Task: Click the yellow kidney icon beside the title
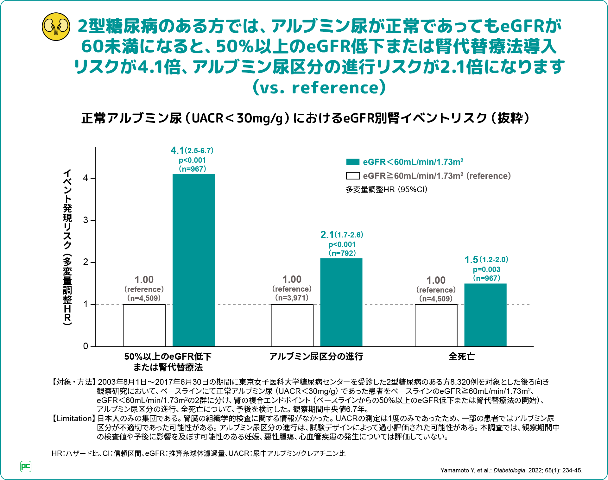pyautogui.click(x=56, y=27)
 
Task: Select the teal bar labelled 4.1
pyautogui.click(x=193, y=260)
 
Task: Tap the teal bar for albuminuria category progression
pyautogui.click(x=341, y=302)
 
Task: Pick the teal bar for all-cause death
pyautogui.click(x=485, y=315)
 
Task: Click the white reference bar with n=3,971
pyautogui.click(x=292, y=325)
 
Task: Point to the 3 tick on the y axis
pyautogui.click(x=86, y=220)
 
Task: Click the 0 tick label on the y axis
pyautogui.click(x=86, y=346)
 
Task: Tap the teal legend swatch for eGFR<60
pyautogui.click(x=353, y=162)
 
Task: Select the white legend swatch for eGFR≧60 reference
pyautogui.click(x=353, y=176)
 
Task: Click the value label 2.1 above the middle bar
pyautogui.click(x=327, y=235)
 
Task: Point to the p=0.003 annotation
pyautogui.click(x=486, y=269)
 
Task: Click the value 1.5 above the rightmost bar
pyautogui.click(x=471, y=260)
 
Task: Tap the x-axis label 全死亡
pyautogui.click(x=461, y=357)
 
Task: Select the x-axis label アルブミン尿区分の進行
pyautogui.click(x=316, y=357)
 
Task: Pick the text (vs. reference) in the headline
pyautogui.click(x=319, y=88)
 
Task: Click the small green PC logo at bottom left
pyautogui.click(x=26, y=466)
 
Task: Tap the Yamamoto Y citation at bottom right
pyautogui.click(x=511, y=470)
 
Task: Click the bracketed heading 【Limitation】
pyautogui.click(x=73, y=419)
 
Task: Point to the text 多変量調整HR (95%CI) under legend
pyautogui.click(x=386, y=190)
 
